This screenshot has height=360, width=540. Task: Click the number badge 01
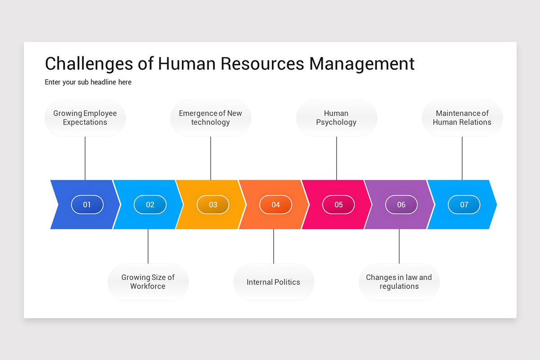tap(87, 205)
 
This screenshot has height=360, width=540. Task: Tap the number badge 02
tap(150, 205)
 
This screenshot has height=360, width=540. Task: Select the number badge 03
tap(213, 205)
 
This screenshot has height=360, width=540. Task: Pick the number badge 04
tap(275, 205)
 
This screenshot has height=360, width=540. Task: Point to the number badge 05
tap(338, 205)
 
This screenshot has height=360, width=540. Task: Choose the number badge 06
tap(401, 205)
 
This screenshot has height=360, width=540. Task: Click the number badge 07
tap(464, 205)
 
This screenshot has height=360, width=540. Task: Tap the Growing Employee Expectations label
tap(85, 118)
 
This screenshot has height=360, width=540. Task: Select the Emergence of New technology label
tap(211, 118)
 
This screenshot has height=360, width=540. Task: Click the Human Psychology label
tap(336, 118)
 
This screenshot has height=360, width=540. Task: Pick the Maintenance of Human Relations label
tap(462, 118)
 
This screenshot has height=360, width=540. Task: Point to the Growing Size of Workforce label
tap(148, 282)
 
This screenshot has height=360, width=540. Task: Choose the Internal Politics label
tap(273, 282)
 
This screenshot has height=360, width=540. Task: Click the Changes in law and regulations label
tap(399, 282)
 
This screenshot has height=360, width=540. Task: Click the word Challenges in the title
tap(89, 64)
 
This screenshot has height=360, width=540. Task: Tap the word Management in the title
tap(362, 64)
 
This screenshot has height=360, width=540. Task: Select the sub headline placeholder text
tap(88, 82)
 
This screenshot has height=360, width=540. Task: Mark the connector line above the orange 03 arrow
tap(211, 158)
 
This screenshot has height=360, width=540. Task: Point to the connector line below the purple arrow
tap(399, 246)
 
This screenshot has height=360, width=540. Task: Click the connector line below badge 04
tap(274, 246)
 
